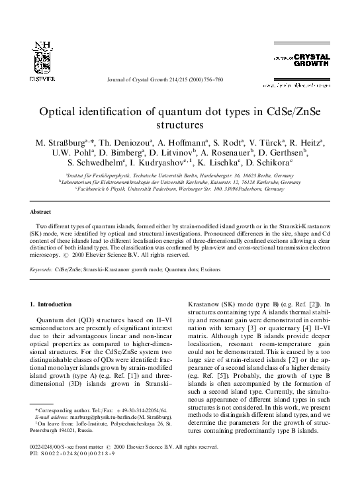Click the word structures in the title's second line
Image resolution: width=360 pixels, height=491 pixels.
(180, 124)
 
